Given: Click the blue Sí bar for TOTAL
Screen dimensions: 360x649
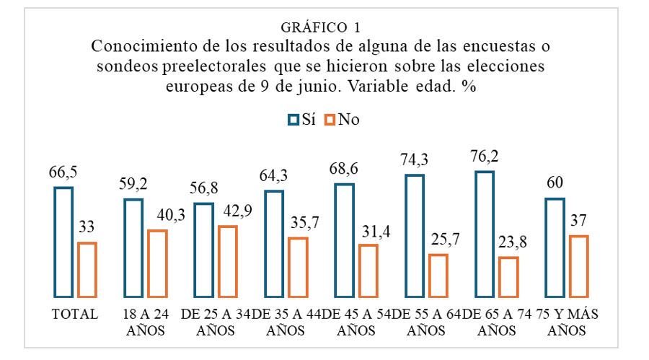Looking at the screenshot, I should pos(63,242).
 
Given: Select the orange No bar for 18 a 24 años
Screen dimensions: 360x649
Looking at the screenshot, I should pos(157,263).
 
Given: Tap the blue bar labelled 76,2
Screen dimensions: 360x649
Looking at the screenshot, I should pos(484,234).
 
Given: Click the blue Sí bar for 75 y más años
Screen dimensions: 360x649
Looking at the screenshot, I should pos(554,247).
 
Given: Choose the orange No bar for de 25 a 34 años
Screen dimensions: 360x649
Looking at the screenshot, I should pos(227,261).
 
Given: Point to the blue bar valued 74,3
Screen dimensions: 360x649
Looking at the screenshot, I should pos(414,235).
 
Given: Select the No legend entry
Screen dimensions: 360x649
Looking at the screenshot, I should pos(345,120).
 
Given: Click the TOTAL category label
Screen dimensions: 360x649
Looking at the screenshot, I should pos(74,315).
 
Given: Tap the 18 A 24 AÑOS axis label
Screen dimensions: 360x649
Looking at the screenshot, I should pos(144,321).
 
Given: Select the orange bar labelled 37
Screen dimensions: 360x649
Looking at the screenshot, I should pos(578,265).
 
